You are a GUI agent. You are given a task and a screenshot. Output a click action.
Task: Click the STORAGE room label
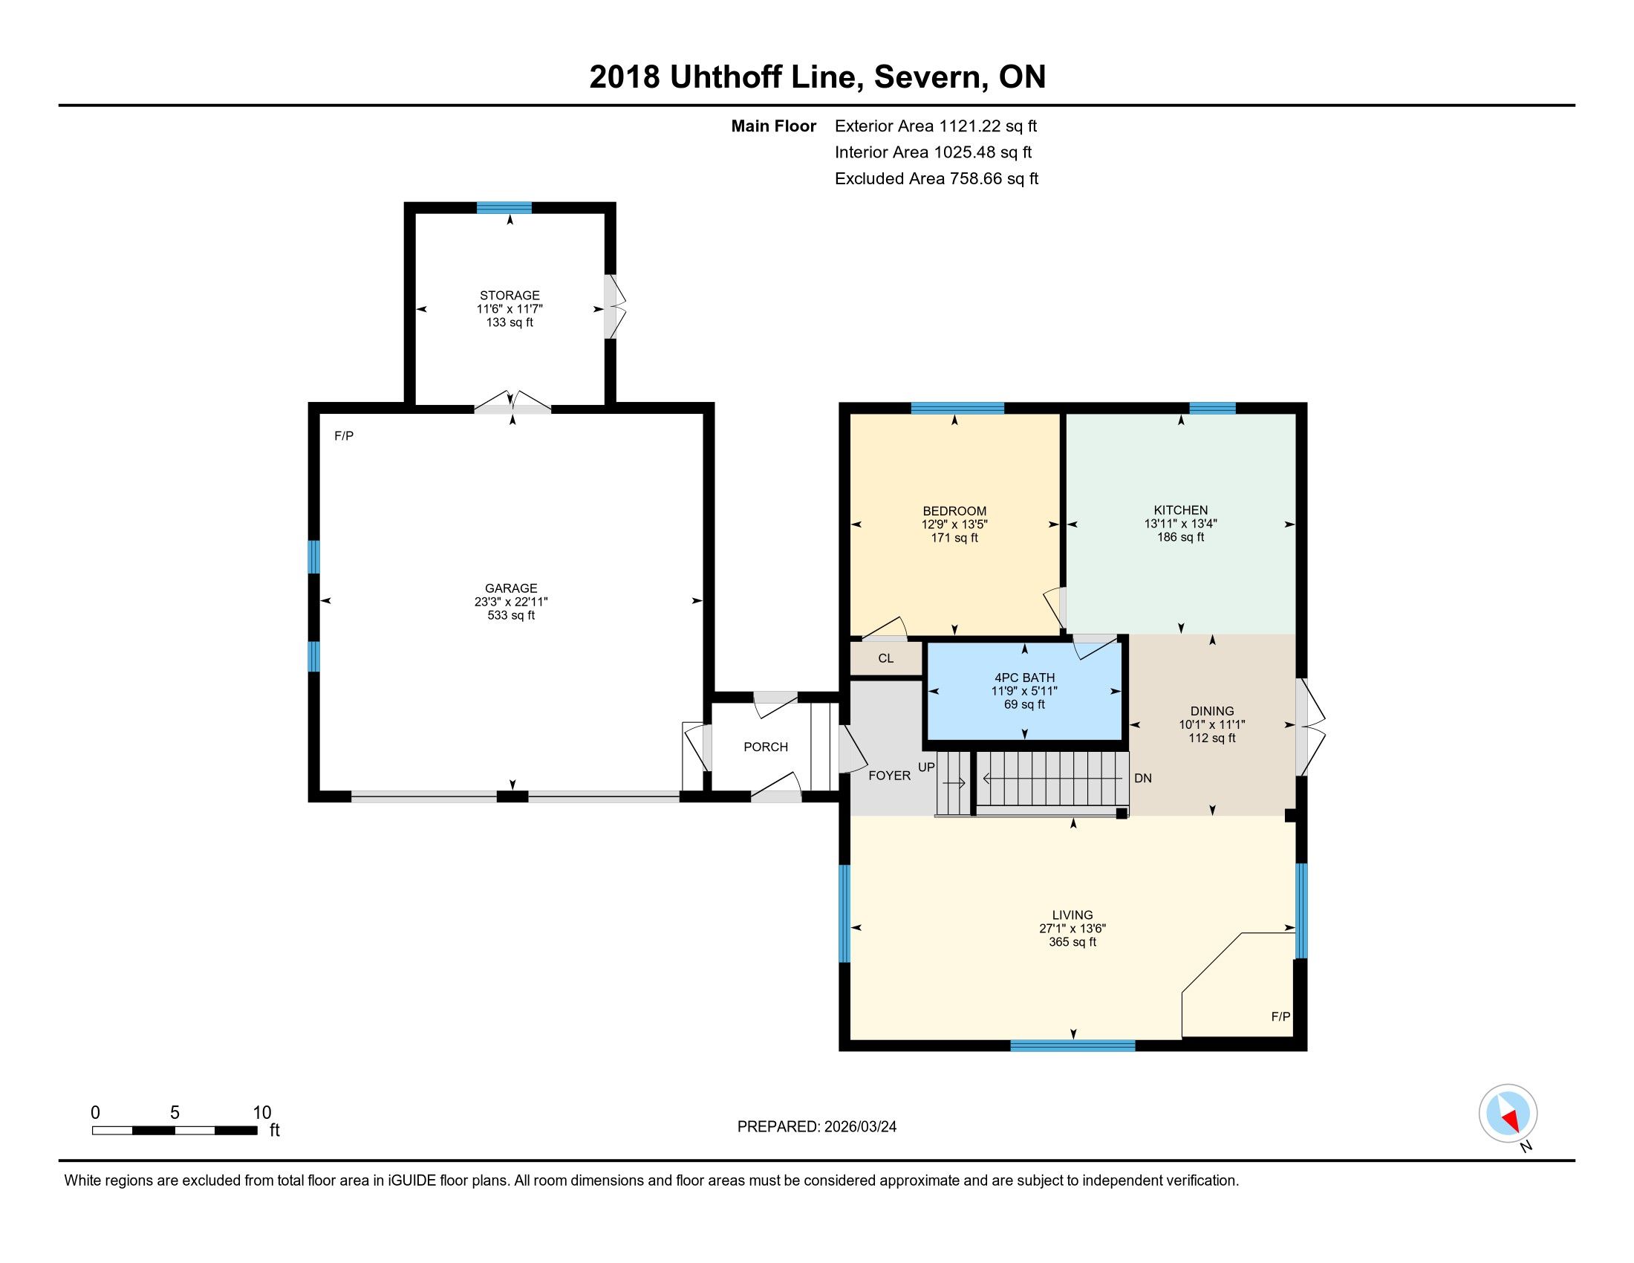coord(510,296)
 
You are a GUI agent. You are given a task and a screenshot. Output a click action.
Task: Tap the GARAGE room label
coord(511,588)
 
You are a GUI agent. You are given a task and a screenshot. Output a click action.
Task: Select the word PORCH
coord(765,747)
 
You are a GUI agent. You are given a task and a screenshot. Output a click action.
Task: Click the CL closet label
coord(886,658)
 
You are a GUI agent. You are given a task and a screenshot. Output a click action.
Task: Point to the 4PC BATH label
coord(1024,677)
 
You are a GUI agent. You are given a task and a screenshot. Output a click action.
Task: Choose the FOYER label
coord(890,776)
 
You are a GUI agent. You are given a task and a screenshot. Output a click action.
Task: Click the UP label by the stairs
coord(926,767)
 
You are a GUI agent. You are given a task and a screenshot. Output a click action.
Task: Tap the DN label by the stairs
coord(1142,778)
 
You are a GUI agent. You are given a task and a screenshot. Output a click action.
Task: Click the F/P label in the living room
coord(1281,1017)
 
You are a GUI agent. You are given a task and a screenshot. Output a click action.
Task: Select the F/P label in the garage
coord(343,435)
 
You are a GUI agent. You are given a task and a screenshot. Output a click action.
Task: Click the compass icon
coord(1508,1114)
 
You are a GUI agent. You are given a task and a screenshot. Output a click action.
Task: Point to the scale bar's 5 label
coord(175,1112)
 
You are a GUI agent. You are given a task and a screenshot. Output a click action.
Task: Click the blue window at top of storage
coord(504,207)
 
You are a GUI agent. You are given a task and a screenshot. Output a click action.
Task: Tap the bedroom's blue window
coord(957,408)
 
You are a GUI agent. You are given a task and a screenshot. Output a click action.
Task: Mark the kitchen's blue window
coord(1212,408)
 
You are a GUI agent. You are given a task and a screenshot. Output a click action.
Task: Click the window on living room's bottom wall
coord(1073,1045)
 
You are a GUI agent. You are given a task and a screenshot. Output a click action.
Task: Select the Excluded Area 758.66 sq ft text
coord(937,179)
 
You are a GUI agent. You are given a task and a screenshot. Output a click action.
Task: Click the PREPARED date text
coord(817,1127)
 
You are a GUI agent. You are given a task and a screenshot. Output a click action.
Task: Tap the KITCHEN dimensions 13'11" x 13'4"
coord(1181,524)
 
